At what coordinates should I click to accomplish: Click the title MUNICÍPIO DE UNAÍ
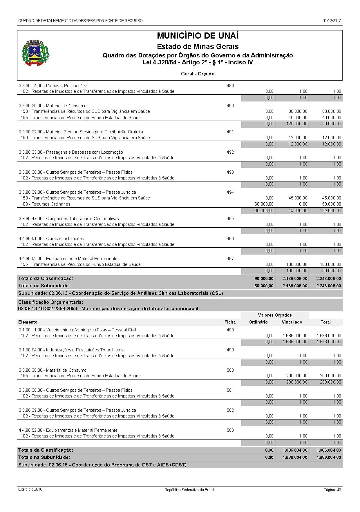click(198, 36)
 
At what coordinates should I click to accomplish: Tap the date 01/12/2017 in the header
click(332, 21)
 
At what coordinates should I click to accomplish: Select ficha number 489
click(230, 86)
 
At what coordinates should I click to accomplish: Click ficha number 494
click(230, 192)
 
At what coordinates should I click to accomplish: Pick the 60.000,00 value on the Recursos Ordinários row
click(264, 204)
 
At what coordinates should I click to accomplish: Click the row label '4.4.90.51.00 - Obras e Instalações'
click(51, 239)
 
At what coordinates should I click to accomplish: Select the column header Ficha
click(230, 322)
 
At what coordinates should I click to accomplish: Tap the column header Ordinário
click(258, 322)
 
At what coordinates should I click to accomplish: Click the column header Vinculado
click(292, 322)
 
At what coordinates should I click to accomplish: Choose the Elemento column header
click(28, 322)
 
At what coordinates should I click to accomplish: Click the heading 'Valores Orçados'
click(275, 315)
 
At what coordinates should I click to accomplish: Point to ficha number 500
click(230, 370)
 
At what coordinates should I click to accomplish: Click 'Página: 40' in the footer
click(332, 490)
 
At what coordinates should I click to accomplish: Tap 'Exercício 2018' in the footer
click(30, 489)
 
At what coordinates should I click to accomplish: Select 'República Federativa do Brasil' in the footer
click(189, 490)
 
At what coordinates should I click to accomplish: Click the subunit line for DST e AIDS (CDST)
click(102, 465)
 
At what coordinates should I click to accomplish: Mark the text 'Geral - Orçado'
click(198, 74)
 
